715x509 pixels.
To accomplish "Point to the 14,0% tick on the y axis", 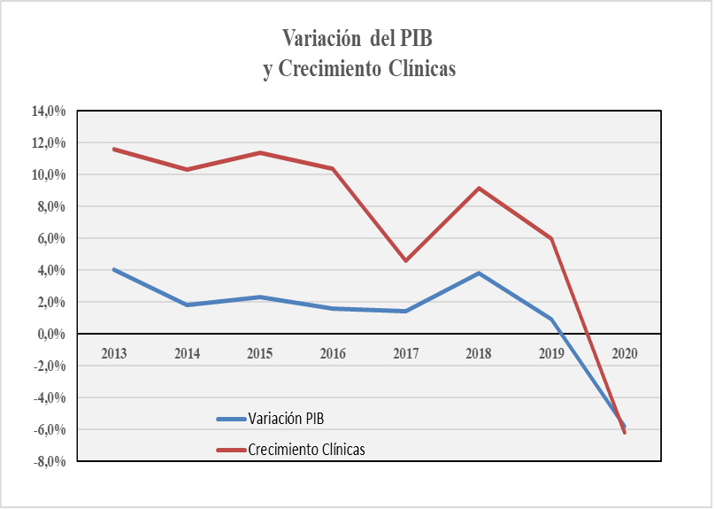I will coord(50,111).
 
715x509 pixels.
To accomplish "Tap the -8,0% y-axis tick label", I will coord(48,461).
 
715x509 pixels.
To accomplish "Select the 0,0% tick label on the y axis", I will coord(51,334).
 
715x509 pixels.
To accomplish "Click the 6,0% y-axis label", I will coord(51,238).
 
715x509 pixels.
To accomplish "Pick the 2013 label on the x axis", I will coord(114,353).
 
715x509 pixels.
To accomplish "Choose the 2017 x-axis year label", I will coord(405,353).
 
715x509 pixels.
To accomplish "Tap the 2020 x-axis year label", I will coord(624,353).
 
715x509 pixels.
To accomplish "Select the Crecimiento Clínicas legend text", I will coord(307,449).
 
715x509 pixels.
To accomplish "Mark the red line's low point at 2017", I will coord(405,260).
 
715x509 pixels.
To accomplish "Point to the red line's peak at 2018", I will coord(479,188).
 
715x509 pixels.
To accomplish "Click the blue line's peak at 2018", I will coord(479,273).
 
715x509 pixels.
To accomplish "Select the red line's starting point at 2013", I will coord(114,149).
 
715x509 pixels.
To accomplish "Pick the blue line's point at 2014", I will coord(187,305).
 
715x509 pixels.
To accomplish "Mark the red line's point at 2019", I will coord(551,238).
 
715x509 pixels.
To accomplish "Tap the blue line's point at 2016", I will coord(333,308).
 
